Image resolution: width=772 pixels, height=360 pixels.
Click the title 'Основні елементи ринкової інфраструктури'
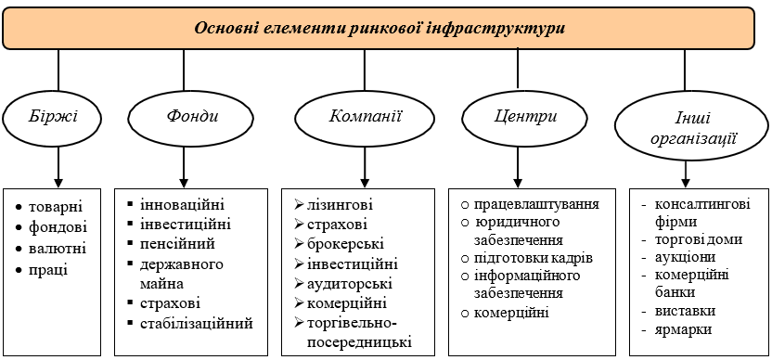click(x=380, y=28)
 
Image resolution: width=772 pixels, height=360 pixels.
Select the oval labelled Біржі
click(x=52, y=119)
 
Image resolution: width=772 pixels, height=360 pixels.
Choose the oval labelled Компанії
click(x=365, y=118)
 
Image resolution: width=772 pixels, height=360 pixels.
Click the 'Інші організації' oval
click(x=693, y=126)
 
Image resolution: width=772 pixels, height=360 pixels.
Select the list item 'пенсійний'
click(x=178, y=244)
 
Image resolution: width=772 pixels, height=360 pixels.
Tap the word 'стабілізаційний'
click(x=197, y=324)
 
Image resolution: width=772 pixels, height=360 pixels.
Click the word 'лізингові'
click(x=341, y=204)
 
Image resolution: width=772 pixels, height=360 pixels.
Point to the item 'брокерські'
click(x=345, y=244)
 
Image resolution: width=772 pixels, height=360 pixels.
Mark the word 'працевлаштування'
click(x=536, y=204)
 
